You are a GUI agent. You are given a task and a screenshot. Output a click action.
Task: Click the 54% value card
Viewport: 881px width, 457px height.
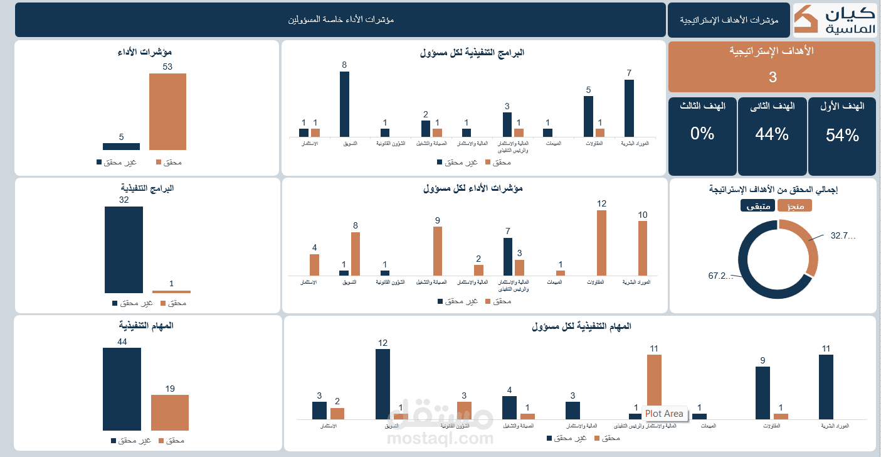pos(842,135)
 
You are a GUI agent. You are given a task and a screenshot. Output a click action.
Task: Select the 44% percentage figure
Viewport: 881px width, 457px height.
pos(772,134)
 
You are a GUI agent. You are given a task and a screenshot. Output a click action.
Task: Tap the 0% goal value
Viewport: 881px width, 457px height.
pos(702,134)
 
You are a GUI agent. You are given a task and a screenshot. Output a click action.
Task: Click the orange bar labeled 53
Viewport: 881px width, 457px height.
pos(167,112)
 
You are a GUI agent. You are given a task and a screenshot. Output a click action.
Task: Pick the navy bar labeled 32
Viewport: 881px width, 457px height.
pos(124,249)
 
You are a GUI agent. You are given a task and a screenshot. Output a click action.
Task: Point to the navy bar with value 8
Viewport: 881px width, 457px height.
pos(344,104)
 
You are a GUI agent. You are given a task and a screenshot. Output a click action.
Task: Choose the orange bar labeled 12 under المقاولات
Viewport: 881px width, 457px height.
pos(601,243)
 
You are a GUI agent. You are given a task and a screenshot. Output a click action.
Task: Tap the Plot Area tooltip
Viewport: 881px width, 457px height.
pos(664,414)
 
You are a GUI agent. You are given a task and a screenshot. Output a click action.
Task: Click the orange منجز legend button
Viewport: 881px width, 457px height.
pos(794,206)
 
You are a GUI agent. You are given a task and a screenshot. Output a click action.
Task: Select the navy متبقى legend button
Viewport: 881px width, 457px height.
pos(757,206)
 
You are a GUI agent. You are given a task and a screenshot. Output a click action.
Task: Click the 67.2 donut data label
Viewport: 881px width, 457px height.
pos(720,276)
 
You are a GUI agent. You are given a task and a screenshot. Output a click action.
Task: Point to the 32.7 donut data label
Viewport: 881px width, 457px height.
pos(843,236)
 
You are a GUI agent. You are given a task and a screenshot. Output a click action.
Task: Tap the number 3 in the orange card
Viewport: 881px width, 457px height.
pos(773,77)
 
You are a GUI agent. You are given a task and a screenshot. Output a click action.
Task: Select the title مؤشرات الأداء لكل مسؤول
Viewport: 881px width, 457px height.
pos(473,188)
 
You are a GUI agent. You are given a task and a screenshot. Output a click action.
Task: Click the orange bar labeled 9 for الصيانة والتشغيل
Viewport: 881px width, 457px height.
pos(438,251)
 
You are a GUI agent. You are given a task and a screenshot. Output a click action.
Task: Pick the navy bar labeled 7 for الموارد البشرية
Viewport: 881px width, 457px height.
pos(629,108)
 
